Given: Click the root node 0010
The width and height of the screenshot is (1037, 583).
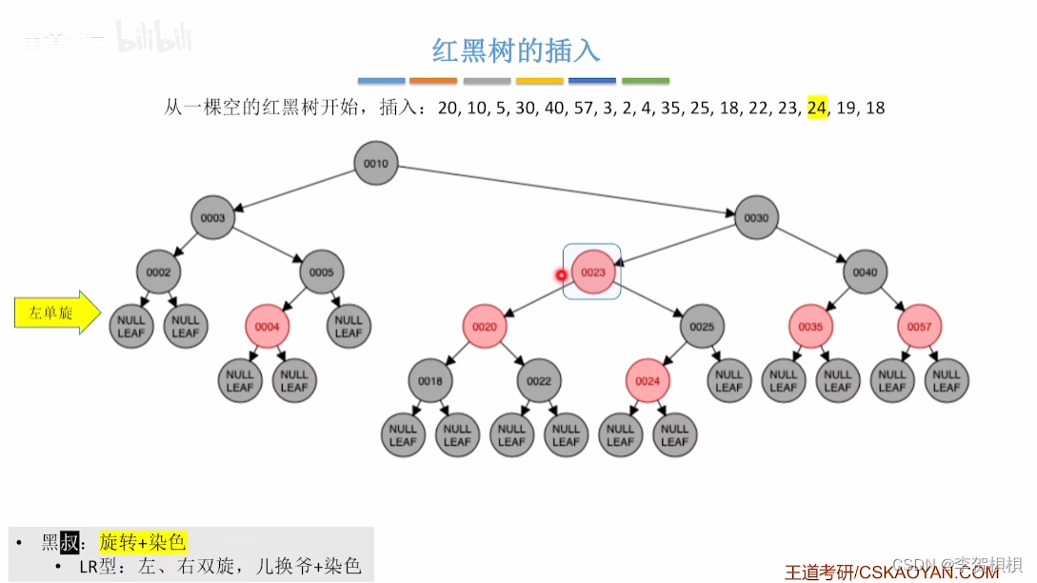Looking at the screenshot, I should [x=375, y=164].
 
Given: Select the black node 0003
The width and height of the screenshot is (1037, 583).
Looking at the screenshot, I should [x=213, y=218].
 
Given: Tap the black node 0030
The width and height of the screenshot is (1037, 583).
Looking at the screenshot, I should [x=756, y=218].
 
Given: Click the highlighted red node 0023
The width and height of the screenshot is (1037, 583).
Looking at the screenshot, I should [x=592, y=272].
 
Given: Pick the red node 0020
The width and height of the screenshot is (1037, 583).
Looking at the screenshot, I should [x=485, y=327].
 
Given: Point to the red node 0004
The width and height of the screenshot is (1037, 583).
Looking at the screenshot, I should [x=268, y=327].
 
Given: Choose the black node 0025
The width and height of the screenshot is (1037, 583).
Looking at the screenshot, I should [x=702, y=327].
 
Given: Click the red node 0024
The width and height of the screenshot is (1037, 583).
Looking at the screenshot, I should [x=648, y=381].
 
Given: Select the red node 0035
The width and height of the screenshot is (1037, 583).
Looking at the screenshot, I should [x=810, y=327].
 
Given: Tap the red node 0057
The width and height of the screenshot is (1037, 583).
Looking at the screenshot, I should [x=919, y=327].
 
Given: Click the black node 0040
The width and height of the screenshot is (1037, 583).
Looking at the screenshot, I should [x=865, y=272].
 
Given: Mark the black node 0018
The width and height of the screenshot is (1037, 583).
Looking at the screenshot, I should [x=430, y=381].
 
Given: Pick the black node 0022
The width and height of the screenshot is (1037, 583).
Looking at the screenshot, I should [x=539, y=381].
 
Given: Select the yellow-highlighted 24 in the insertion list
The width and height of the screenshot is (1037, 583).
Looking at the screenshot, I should [x=817, y=108].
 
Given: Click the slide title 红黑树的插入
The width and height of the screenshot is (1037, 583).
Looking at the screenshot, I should [x=516, y=50].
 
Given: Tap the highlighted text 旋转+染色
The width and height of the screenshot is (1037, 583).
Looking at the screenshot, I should [x=143, y=542].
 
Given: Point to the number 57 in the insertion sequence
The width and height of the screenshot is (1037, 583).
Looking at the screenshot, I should [x=585, y=108].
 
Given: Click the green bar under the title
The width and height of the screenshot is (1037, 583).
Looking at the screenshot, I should [x=646, y=81].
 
